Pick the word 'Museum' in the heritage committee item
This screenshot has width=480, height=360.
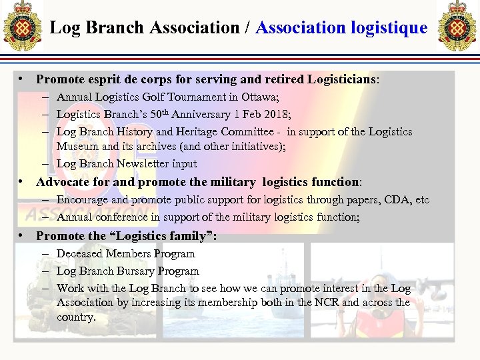click(x=75, y=146)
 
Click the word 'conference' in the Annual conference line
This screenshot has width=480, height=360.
click(x=120, y=217)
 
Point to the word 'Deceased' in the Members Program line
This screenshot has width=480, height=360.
click(x=79, y=253)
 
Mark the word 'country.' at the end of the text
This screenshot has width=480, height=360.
click(x=76, y=317)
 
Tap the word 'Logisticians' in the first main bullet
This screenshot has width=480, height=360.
click(x=342, y=79)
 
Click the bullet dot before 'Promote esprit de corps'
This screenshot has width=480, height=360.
click(x=23, y=79)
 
